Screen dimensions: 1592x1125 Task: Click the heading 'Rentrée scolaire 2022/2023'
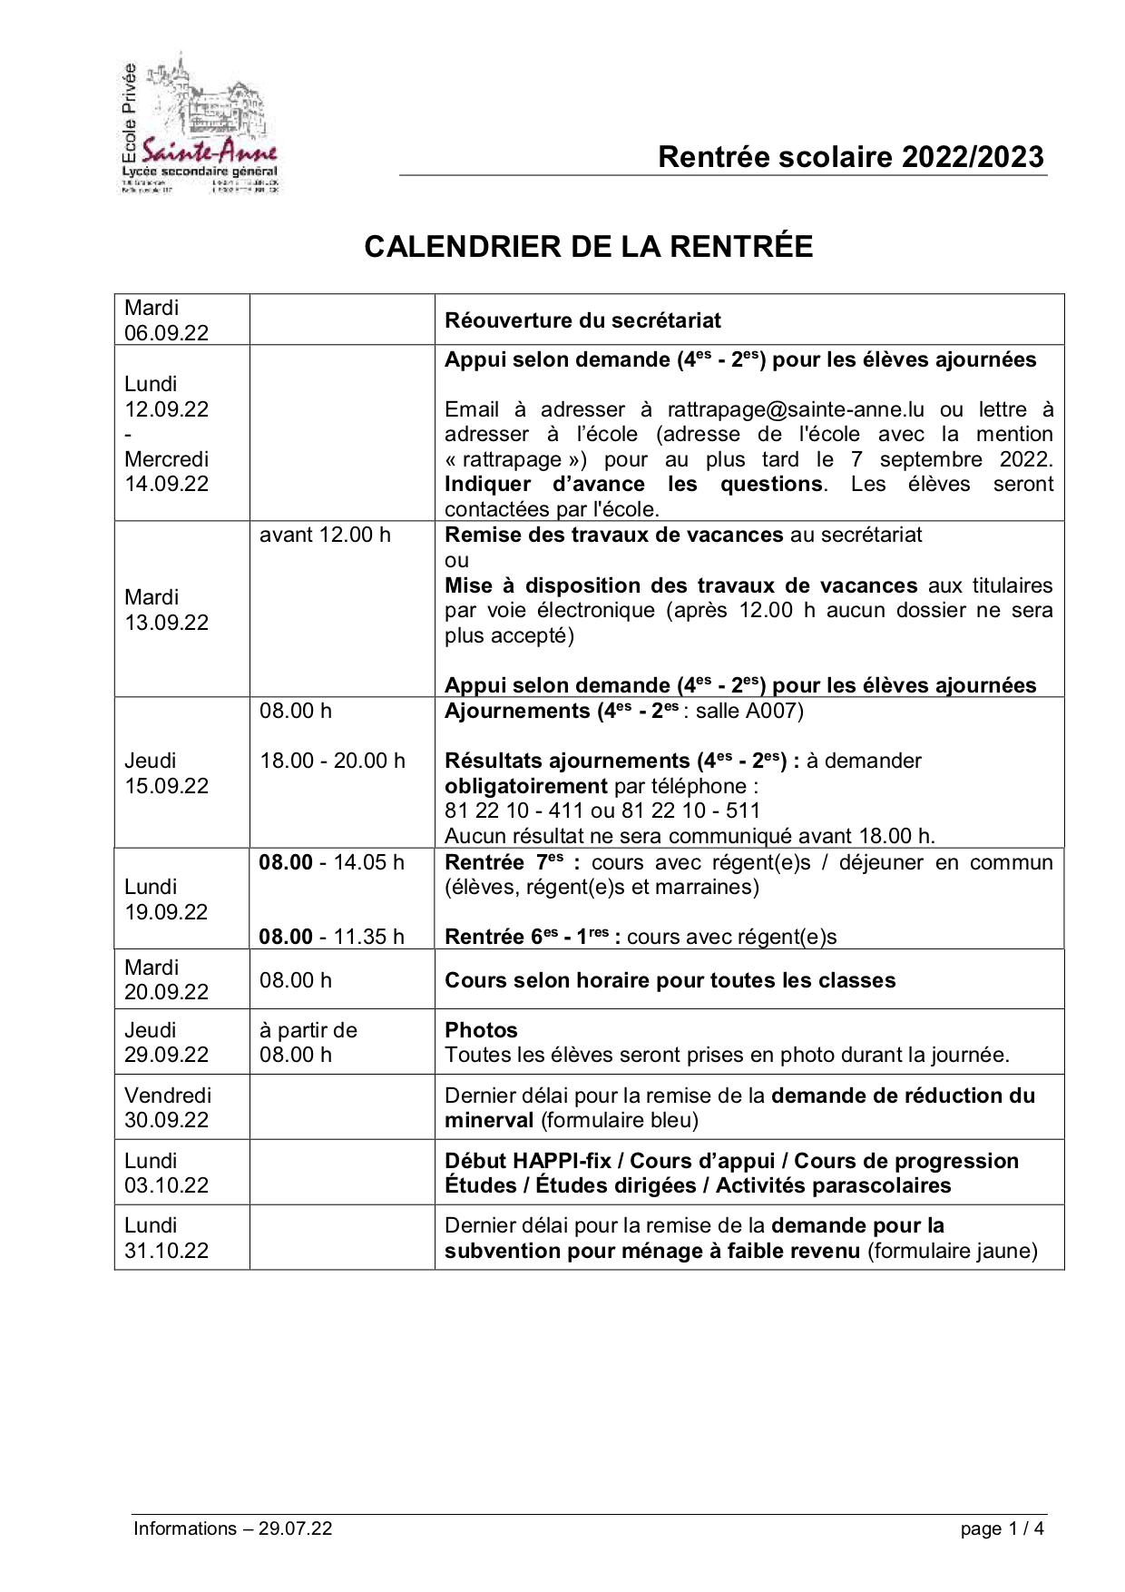(851, 157)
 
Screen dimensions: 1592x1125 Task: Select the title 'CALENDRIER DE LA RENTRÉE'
(588, 246)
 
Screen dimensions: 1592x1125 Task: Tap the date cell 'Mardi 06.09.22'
(167, 320)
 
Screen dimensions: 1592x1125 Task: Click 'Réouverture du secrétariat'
(582, 320)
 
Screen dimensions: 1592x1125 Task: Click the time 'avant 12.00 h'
(325, 535)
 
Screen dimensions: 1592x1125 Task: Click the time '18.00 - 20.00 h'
(332, 761)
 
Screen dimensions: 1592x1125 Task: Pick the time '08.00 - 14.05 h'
(332, 862)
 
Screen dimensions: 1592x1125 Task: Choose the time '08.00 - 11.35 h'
(332, 937)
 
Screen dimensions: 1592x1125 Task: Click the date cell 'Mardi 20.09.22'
(167, 979)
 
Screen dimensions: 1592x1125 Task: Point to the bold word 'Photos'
(481, 1030)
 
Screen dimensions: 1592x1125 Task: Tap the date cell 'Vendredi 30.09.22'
(168, 1107)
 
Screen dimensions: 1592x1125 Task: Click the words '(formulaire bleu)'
(620, 1120)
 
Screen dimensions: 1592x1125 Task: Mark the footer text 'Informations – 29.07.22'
(233, 1528)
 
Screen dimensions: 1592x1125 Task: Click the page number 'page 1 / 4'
(1003, 1528)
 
